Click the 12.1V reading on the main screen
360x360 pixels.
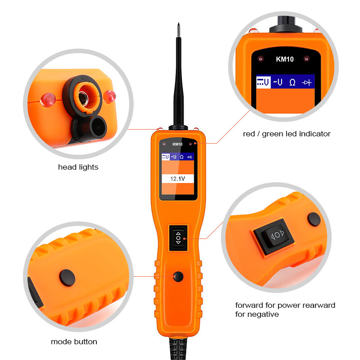click(x=176, y=179)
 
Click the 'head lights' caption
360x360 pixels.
click(x=78, y=167)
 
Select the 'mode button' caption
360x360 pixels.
click(x=74, y=342)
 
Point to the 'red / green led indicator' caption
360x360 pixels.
click(x=287, y=134)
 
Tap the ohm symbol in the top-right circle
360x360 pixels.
click(x=292, y=82)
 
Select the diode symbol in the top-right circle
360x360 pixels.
click(x=307, y=82)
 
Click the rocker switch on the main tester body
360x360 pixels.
click(x=178, y=238)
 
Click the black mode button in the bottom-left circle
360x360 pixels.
click(x=67, y=275)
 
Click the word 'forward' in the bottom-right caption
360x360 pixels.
click(x=248, y=305)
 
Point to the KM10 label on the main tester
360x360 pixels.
click(x=178, y=144)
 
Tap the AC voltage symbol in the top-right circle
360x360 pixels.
click(x=278, y=82)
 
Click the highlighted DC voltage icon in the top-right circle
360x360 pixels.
click(x=263, y=82)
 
